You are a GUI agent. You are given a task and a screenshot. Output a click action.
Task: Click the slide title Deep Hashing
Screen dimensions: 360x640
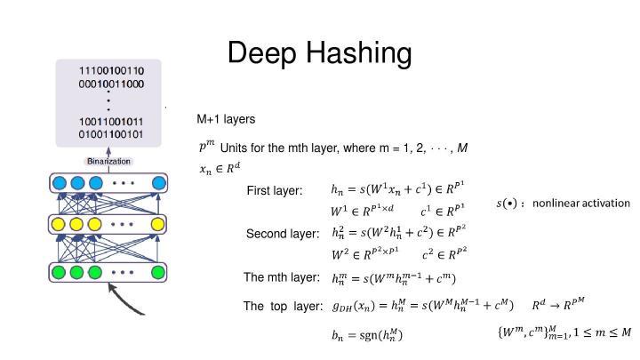[319, 53]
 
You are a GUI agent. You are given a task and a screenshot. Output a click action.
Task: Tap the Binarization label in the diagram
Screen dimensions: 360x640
[108, 161]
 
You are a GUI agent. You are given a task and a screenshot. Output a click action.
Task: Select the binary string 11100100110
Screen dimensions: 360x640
[112, 70]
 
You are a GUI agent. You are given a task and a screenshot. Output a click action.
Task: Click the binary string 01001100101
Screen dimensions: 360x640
[112, 135]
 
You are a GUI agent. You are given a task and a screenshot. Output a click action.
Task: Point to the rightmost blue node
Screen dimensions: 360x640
[158, 184]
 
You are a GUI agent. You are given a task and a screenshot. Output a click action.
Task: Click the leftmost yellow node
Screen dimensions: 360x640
[60, 224]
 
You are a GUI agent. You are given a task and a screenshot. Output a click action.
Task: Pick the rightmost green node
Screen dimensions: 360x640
[158, 272]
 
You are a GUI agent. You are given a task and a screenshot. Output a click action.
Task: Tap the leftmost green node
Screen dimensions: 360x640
[60, 272]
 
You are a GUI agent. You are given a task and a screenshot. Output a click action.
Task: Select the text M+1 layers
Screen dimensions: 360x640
[226, 119]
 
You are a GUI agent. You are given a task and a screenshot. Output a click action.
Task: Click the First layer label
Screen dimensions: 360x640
[275, 191]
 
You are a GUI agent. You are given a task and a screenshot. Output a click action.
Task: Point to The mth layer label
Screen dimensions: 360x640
[282, 277]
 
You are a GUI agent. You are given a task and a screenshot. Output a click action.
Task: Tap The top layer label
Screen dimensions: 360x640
[283, 307]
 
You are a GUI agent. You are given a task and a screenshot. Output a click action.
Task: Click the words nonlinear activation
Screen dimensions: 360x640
[580, 204]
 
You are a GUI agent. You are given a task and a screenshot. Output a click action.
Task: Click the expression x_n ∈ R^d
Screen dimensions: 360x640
[219, 166]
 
